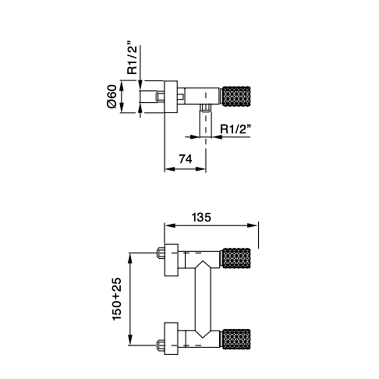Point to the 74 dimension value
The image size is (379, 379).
(185, 159)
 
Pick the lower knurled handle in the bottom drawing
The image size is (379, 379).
(237, 338)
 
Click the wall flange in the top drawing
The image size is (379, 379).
(171, 97)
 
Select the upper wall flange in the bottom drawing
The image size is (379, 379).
(171, 259)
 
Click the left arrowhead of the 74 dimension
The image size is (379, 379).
(168, 169)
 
